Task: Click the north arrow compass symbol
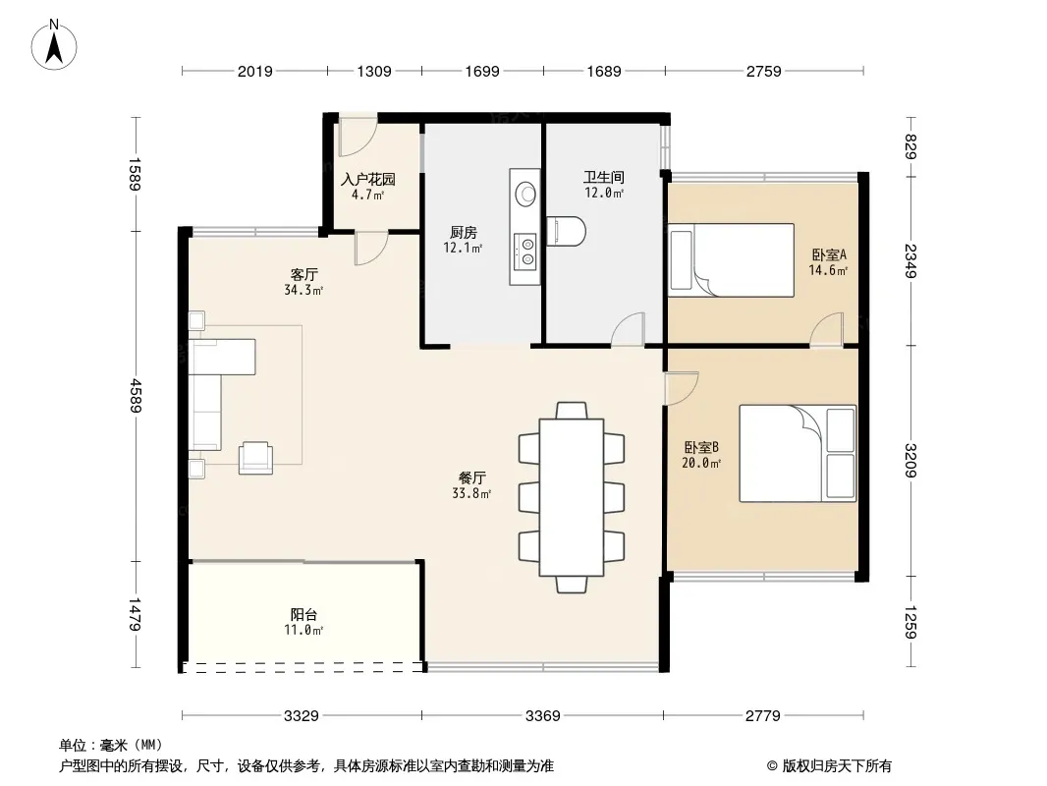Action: [54, 45]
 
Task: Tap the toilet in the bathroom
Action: [567, 231]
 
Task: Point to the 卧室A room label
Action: [829, 254]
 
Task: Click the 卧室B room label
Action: [701, 447]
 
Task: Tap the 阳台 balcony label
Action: [303, 614]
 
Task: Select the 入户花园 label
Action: [368, 179]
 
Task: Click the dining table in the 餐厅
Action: [572, 497]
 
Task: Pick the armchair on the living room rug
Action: [255, 458]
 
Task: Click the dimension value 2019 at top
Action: [255, 71]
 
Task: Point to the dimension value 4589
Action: [136, 395]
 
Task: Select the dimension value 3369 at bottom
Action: [543, 716]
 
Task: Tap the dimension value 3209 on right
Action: [910, 461]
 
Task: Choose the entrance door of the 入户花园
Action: [358, 137]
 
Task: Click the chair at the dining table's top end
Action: [572, 410]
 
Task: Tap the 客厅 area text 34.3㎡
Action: [303, 290]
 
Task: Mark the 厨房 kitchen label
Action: [464, 233]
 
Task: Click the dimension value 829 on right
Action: [910, 147]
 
